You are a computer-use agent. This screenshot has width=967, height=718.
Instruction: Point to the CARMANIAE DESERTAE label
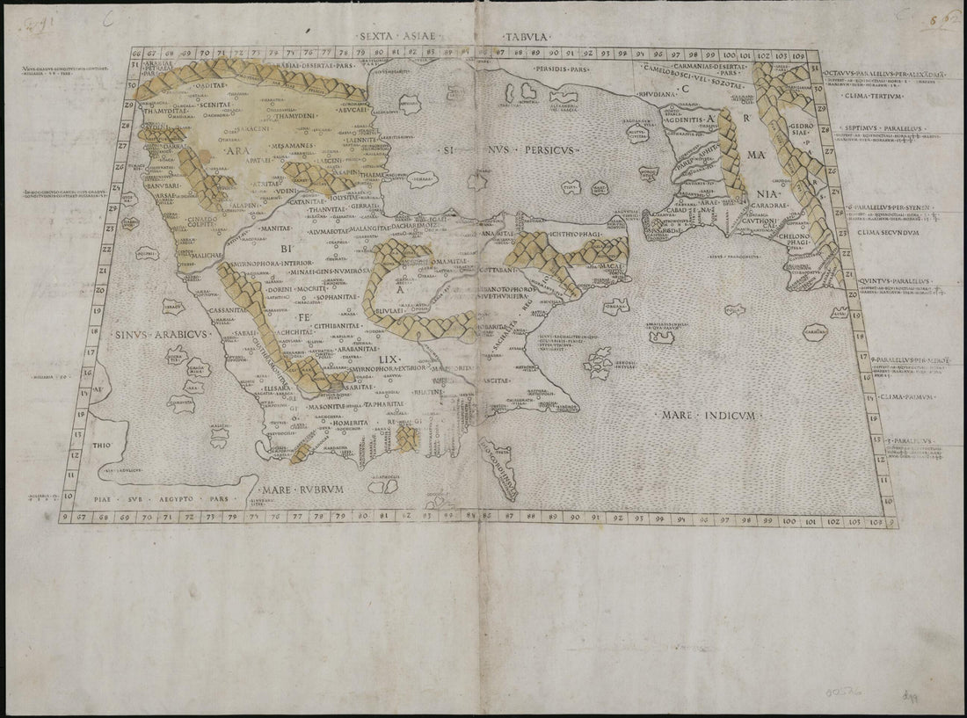coord(713,65)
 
